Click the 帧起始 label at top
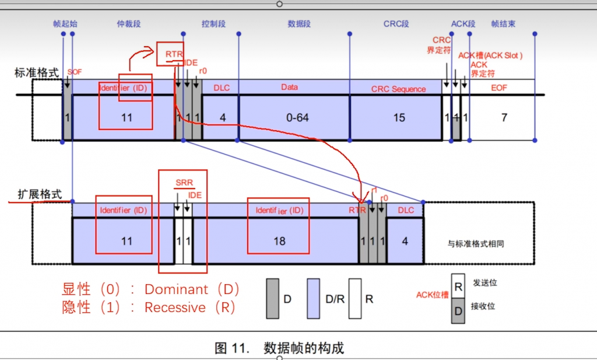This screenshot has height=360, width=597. (x=65, y=24)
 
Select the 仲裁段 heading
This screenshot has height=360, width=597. (x=129, y=24)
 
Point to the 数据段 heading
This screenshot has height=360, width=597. (x=298, y=24)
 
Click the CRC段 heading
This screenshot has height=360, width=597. (x=396, y=24)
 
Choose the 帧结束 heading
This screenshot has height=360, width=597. (x=503, y=24)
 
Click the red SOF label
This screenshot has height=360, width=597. (x=75, y=72)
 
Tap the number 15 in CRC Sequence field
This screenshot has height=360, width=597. (x=399, y=118)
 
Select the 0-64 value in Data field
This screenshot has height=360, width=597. (x=297, y=118)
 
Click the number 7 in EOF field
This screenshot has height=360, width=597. (x=504, y=118)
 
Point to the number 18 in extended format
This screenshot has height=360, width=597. (x=279, y=241)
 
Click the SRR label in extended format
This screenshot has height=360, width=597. (x=184, y=183)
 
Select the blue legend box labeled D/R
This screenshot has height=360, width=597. (x=315, y=298)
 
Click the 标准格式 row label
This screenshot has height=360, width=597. (x=37, y=73)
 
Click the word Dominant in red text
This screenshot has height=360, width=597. (x=176, y=289)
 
